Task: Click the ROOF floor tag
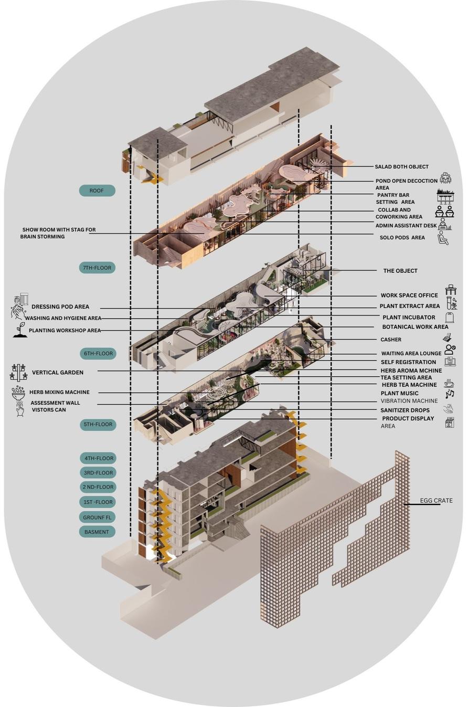pyautogui.click(x=97, y=191)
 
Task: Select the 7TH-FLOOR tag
pyautogui.click(x=97, y=268)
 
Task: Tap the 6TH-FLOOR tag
pyautogui.click(x=98, y=353)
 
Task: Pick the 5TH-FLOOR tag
pyautogui.click(x=98, y=424)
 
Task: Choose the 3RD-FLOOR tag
pyautogui.click(x=98, y=472)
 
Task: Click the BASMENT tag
pyautogui.click(x=97, y=532)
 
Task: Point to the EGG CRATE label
pyautogui.click(x=436, y=500)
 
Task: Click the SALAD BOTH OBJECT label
pyautogui.click(x=401, y=166)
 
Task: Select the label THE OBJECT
pyautogui.click(x=400, y=271)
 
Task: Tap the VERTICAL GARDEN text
pyautogui.click(x=58, y=373)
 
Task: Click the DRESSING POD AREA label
pyautogui.click(x=60, y=307)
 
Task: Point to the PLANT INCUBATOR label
pyautogui.click(x=409, y=318)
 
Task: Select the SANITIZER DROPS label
pyautogui.click(x=405, y=410)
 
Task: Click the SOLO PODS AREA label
pyautogui.click(x=402, y=238)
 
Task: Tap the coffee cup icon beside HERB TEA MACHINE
pyautogui.click(x=449, y=384)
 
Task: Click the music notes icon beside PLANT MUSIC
pyautogui.click(x=449, y=394)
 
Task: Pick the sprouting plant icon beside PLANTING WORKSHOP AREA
pyautogui.click(x=20, y=330)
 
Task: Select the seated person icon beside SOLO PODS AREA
pyautogui.click(x=443, y=239)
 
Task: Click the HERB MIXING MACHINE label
pyautogui.click(x=59, y=392)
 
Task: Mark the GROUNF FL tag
pyautogui.click(x=97, y=517)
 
